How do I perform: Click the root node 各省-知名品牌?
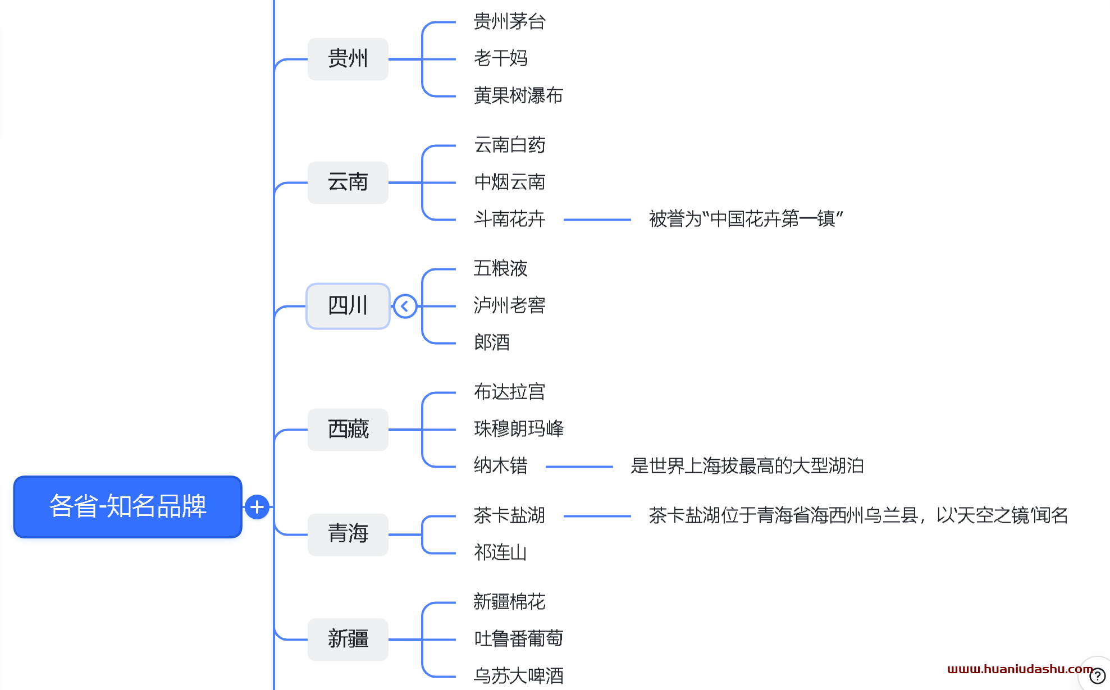(x=127, y=506)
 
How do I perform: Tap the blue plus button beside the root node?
(x=257, y=507)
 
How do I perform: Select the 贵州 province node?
(x=348, y=59)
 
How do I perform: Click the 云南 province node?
(x=348, y=182)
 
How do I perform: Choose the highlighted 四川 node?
(x=348, y=306)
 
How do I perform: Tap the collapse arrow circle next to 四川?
(x=405, y=307)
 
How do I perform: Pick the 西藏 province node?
(x=348, y=429)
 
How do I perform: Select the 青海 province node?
(x=348, y=534)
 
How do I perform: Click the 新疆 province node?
(x=348, y=639)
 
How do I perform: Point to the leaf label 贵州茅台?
(x=509, y=22)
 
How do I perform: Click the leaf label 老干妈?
(x=500, y=58)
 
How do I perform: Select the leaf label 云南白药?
(x=509, y=145)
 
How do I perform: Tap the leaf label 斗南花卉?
(x=509, y=219)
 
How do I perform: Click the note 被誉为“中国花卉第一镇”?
(x=746, y=219)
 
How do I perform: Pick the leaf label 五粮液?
(x=500, y=269)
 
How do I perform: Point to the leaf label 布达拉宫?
(x=509, y=392)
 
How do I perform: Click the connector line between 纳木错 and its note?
(x=579, y=467)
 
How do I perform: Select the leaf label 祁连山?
(x=500, y=553)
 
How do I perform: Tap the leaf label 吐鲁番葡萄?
(x=518, y=639)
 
